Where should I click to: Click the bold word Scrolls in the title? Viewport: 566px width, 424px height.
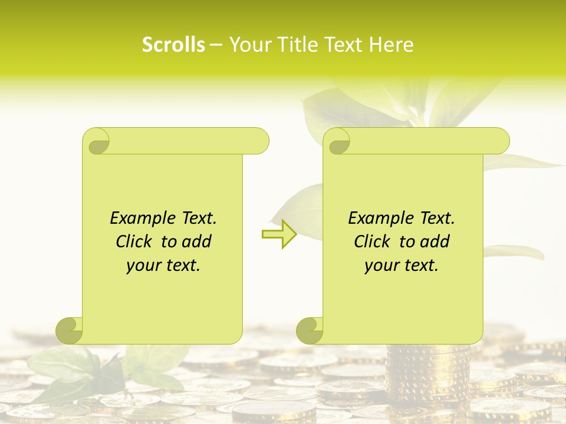pyautogui.click(x=173, y=45)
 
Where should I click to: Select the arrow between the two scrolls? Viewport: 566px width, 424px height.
pyautogui.click(x=279, y=234)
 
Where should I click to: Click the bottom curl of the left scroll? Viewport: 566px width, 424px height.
pyautogui.click(x=70, y=330)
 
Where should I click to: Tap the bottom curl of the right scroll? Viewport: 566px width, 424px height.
pyautogui.click(x=310, y=330)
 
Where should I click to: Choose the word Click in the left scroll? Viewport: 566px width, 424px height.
pyautogui.click(x=134, y=242)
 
